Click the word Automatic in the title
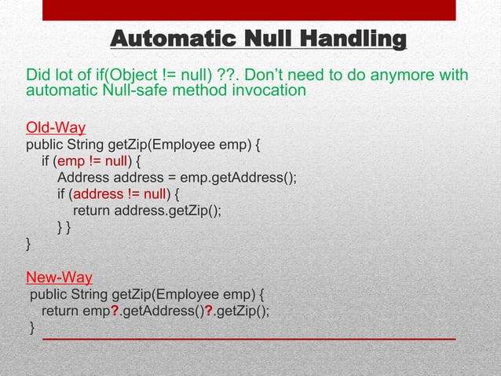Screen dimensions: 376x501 point(163,39)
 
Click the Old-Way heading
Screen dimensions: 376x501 point(56,127)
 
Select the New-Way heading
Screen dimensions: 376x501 point(60,277)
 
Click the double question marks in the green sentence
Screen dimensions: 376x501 point(232,76)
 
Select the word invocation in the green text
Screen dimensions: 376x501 point(269,91)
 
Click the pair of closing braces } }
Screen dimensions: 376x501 point(64,227)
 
